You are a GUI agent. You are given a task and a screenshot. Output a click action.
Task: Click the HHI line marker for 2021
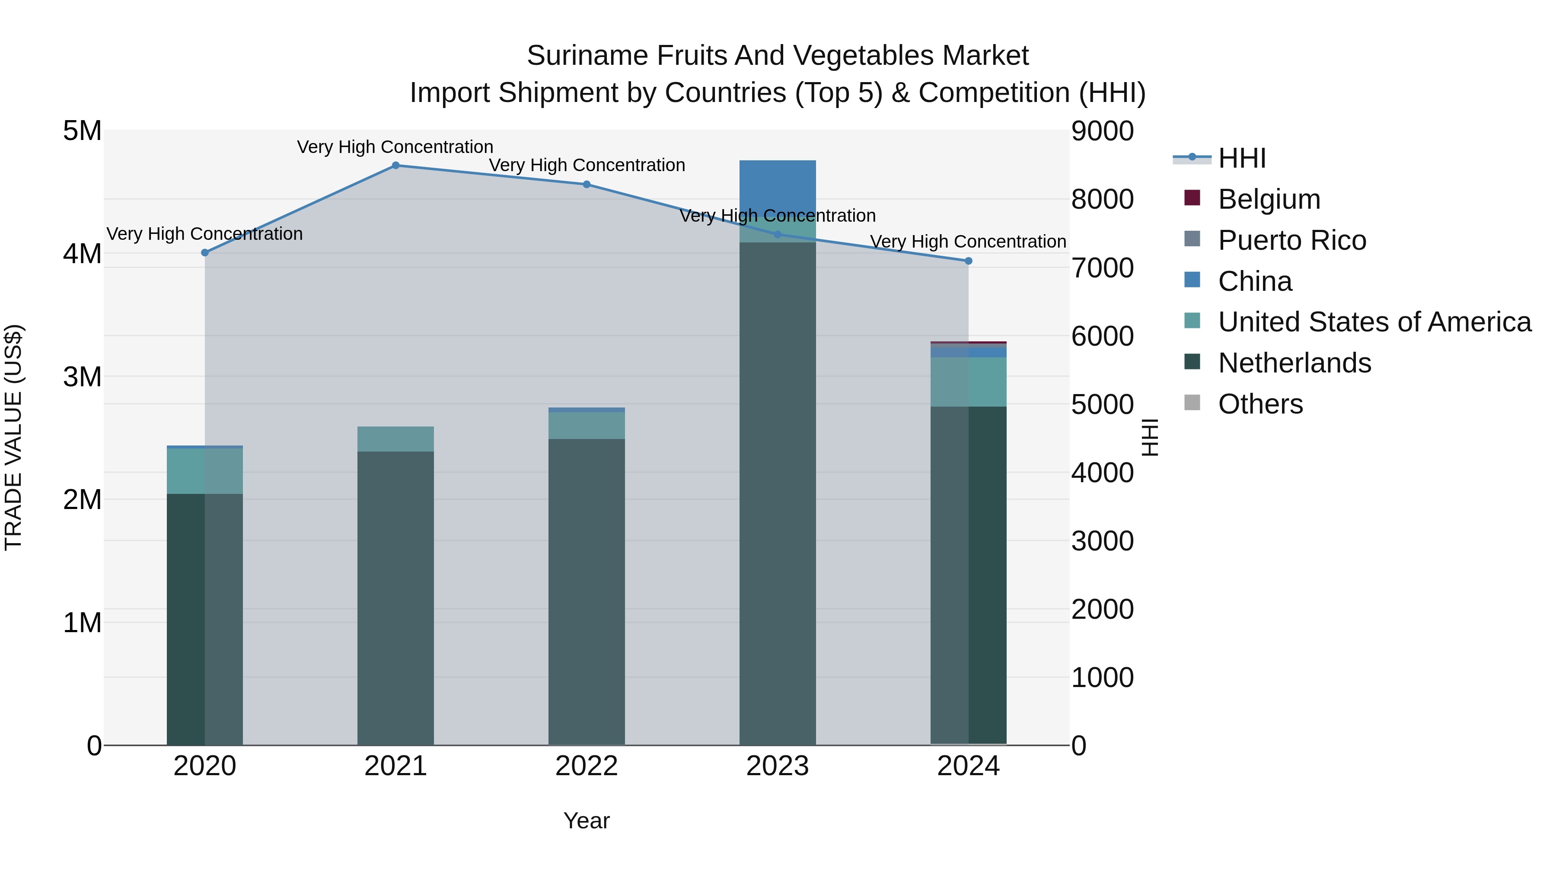click(395, 165)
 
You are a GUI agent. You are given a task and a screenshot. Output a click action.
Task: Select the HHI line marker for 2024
click(968, 261)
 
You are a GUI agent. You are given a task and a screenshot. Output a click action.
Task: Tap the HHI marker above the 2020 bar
click(205, 252)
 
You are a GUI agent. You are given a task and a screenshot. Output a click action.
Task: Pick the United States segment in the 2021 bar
click(395, 439)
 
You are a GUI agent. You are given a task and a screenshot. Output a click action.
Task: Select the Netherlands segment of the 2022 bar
click(587, 592)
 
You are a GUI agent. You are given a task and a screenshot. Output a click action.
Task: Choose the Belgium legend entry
click(1269, 199)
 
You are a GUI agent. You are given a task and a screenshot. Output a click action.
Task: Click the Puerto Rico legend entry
click(1291, 240)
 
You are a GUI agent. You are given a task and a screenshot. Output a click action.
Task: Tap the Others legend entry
click(1260, 404)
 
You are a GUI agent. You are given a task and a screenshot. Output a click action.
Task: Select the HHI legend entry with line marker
click(1241, 158)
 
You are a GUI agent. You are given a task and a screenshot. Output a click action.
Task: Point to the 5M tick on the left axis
click(82, 131)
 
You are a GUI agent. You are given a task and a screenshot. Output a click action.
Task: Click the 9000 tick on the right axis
click(1102, 131)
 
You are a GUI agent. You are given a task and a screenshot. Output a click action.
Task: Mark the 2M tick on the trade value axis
click(82, 500)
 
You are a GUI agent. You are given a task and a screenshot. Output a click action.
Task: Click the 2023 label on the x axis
click(778, 766)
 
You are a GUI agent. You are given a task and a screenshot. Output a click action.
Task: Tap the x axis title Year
click(587, 821)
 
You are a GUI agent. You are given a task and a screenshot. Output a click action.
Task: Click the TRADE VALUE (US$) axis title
click(13, 437)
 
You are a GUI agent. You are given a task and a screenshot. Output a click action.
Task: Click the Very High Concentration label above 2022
click(587, 165)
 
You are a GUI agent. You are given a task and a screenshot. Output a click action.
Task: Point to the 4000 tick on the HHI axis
click(1102, 472)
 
